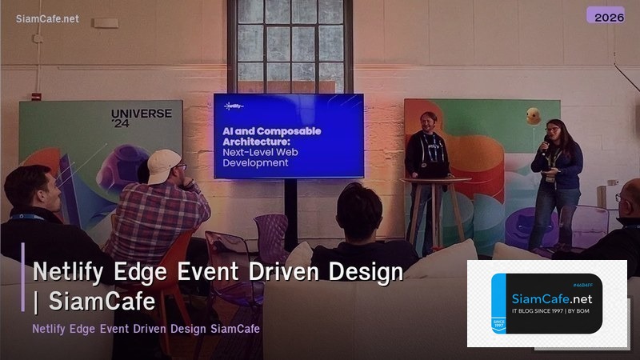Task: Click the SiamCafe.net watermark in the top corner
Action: [x=47, y=19]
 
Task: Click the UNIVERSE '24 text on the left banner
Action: [x=141, y=118]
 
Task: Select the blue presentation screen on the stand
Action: [x=288, y=135]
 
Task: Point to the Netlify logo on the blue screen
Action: [x=234, y=105]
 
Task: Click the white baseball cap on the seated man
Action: [x=162, y=166]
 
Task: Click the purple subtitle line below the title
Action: [x=146, y=329]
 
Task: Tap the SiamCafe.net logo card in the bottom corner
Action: [x=547, y=303]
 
